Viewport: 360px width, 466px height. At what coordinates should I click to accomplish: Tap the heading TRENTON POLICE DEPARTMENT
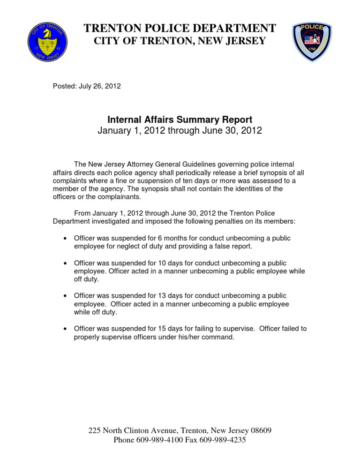point(180,28)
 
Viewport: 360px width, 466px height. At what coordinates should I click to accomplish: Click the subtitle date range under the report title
point(180,131)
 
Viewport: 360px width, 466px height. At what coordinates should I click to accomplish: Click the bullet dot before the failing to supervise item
point(65,329)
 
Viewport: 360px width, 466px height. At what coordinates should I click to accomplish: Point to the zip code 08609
point(259,430)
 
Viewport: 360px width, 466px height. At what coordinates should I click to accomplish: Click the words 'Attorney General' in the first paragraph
point(145,164)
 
